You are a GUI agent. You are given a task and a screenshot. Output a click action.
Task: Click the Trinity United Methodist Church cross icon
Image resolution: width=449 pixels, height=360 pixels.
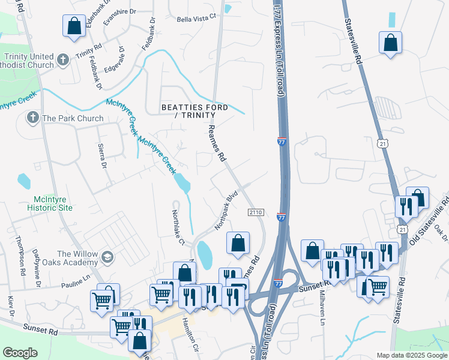tap(64, 60)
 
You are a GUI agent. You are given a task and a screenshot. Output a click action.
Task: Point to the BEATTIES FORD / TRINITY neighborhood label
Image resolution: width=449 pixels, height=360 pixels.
tap(194, 112)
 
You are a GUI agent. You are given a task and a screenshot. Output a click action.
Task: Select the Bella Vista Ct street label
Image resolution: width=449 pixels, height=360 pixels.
tap(196, 19)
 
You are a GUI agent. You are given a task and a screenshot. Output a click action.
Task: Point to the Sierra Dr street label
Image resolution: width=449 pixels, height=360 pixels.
tap(101, 156)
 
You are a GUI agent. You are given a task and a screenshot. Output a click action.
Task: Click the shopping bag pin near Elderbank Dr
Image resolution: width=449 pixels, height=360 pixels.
tap(74, 26)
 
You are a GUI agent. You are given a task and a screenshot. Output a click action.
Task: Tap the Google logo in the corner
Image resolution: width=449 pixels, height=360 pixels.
tap(20, 353)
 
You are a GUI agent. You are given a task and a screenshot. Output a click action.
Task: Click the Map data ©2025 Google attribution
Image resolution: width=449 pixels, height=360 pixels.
tap(412, 355)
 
